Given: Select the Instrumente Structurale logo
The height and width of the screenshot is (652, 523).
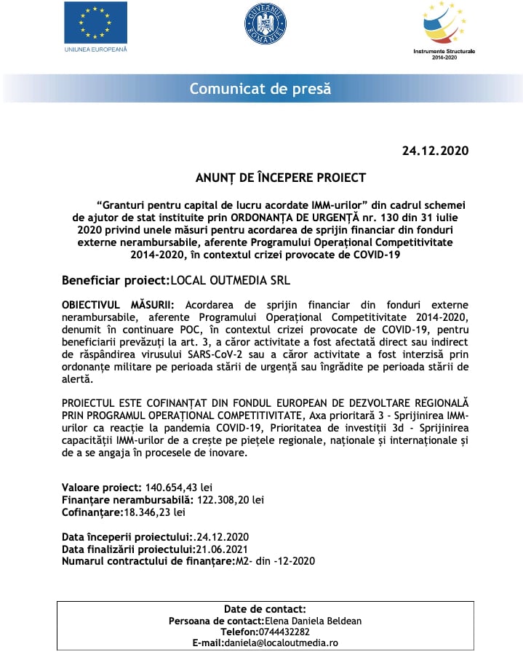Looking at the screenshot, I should click(x=444, y=28).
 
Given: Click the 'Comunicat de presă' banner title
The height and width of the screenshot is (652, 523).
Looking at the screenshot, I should click(x=260, y=89).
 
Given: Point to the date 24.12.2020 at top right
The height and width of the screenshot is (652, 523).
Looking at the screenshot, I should click(x=435, y=151).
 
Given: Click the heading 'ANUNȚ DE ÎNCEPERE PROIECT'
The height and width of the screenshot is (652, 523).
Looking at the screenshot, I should click(x=280, y=178).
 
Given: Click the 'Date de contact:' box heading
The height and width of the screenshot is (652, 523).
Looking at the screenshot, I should click(x=265, y=609).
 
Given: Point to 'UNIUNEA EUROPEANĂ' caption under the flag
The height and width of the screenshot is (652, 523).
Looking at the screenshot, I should click(x=95, y=49).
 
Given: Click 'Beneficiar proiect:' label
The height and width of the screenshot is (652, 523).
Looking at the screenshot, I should click(x=115, y=279).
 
